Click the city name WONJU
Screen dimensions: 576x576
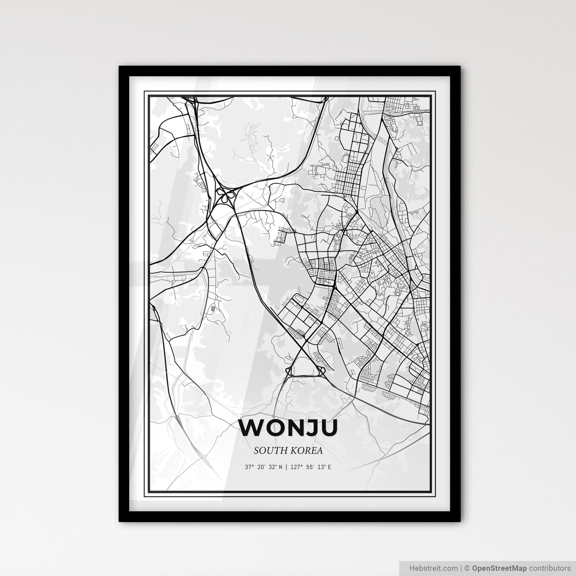[x=288, y=428]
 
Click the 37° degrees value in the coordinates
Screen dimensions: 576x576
[x=249, y=467]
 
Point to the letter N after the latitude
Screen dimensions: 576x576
[x=280, y=467]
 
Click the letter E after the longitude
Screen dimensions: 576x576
[x=329, y=467]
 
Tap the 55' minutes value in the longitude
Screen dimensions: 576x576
[x=310, y=467]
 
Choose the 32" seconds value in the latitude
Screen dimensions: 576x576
[x=273, y=467]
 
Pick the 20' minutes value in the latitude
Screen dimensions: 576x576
[x=261, y=467]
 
